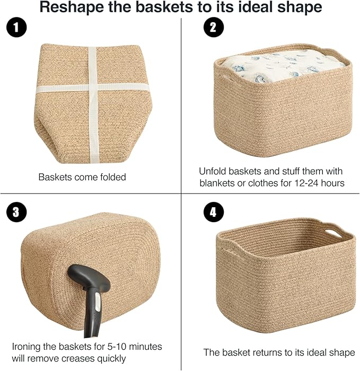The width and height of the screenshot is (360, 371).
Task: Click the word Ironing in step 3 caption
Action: tap(27, 347)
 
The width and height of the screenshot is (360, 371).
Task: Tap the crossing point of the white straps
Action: tap(92, 89)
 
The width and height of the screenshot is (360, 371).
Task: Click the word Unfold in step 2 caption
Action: tap(212, 171)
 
